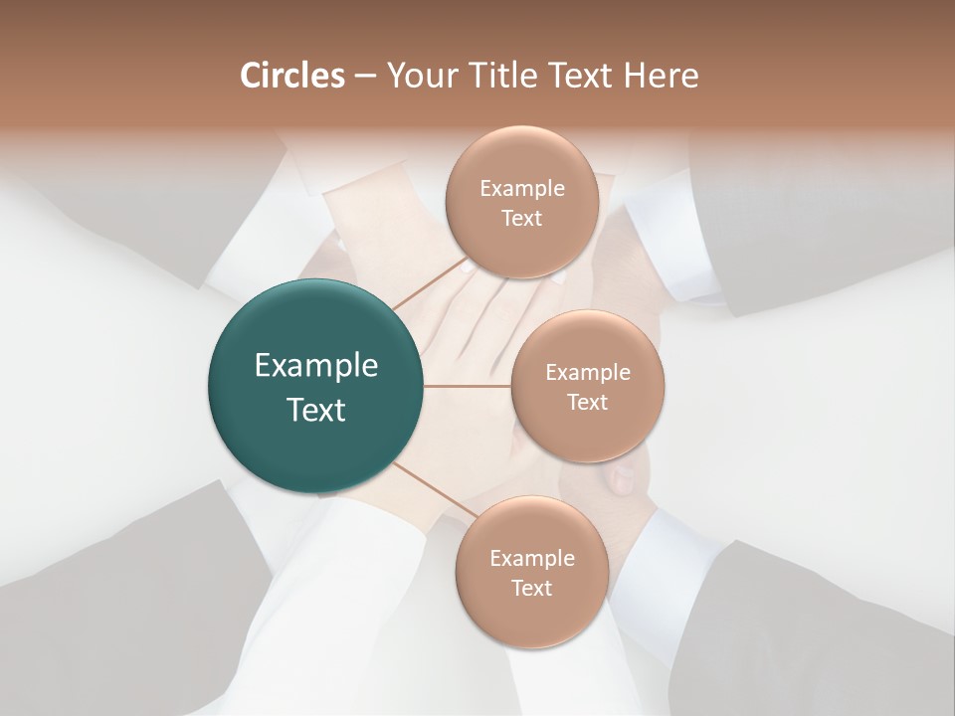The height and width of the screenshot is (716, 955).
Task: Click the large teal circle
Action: [x=316, y=387]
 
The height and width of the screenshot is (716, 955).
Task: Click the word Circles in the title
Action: [x=292, y=76]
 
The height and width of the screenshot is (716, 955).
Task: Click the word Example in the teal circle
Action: [x=316, y=366]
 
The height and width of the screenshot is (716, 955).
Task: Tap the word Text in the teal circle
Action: [x=316, y=410]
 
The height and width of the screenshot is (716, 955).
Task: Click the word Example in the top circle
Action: [x=522, y=189]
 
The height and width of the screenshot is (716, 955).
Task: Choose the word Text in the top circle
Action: [x=521, y=219]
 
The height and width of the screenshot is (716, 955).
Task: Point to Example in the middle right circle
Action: [x=588, y=373]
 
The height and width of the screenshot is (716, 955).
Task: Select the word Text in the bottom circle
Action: [x=531, y=589]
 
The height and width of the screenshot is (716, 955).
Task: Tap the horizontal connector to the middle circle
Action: [x=468, y=386]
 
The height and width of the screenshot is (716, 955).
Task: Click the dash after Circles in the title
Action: [x=364, y=77]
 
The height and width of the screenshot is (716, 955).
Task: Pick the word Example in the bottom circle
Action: [x=532, y=559]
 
